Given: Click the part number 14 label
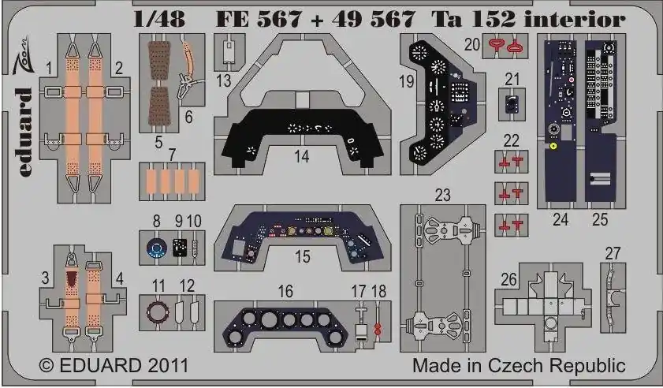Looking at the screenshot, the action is pos(301,157).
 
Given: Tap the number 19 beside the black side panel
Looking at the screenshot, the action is pos(407,81).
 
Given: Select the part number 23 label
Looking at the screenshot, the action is pos(443,195).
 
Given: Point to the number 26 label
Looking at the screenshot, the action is pos(508,279).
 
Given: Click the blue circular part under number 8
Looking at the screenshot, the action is pos(156,248).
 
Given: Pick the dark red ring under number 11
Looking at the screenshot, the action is pos(158,312).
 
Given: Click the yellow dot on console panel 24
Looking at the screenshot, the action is pos(553,147).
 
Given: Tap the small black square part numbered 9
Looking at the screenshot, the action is pos(180,248).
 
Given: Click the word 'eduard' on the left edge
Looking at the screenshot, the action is pos(25,132).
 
